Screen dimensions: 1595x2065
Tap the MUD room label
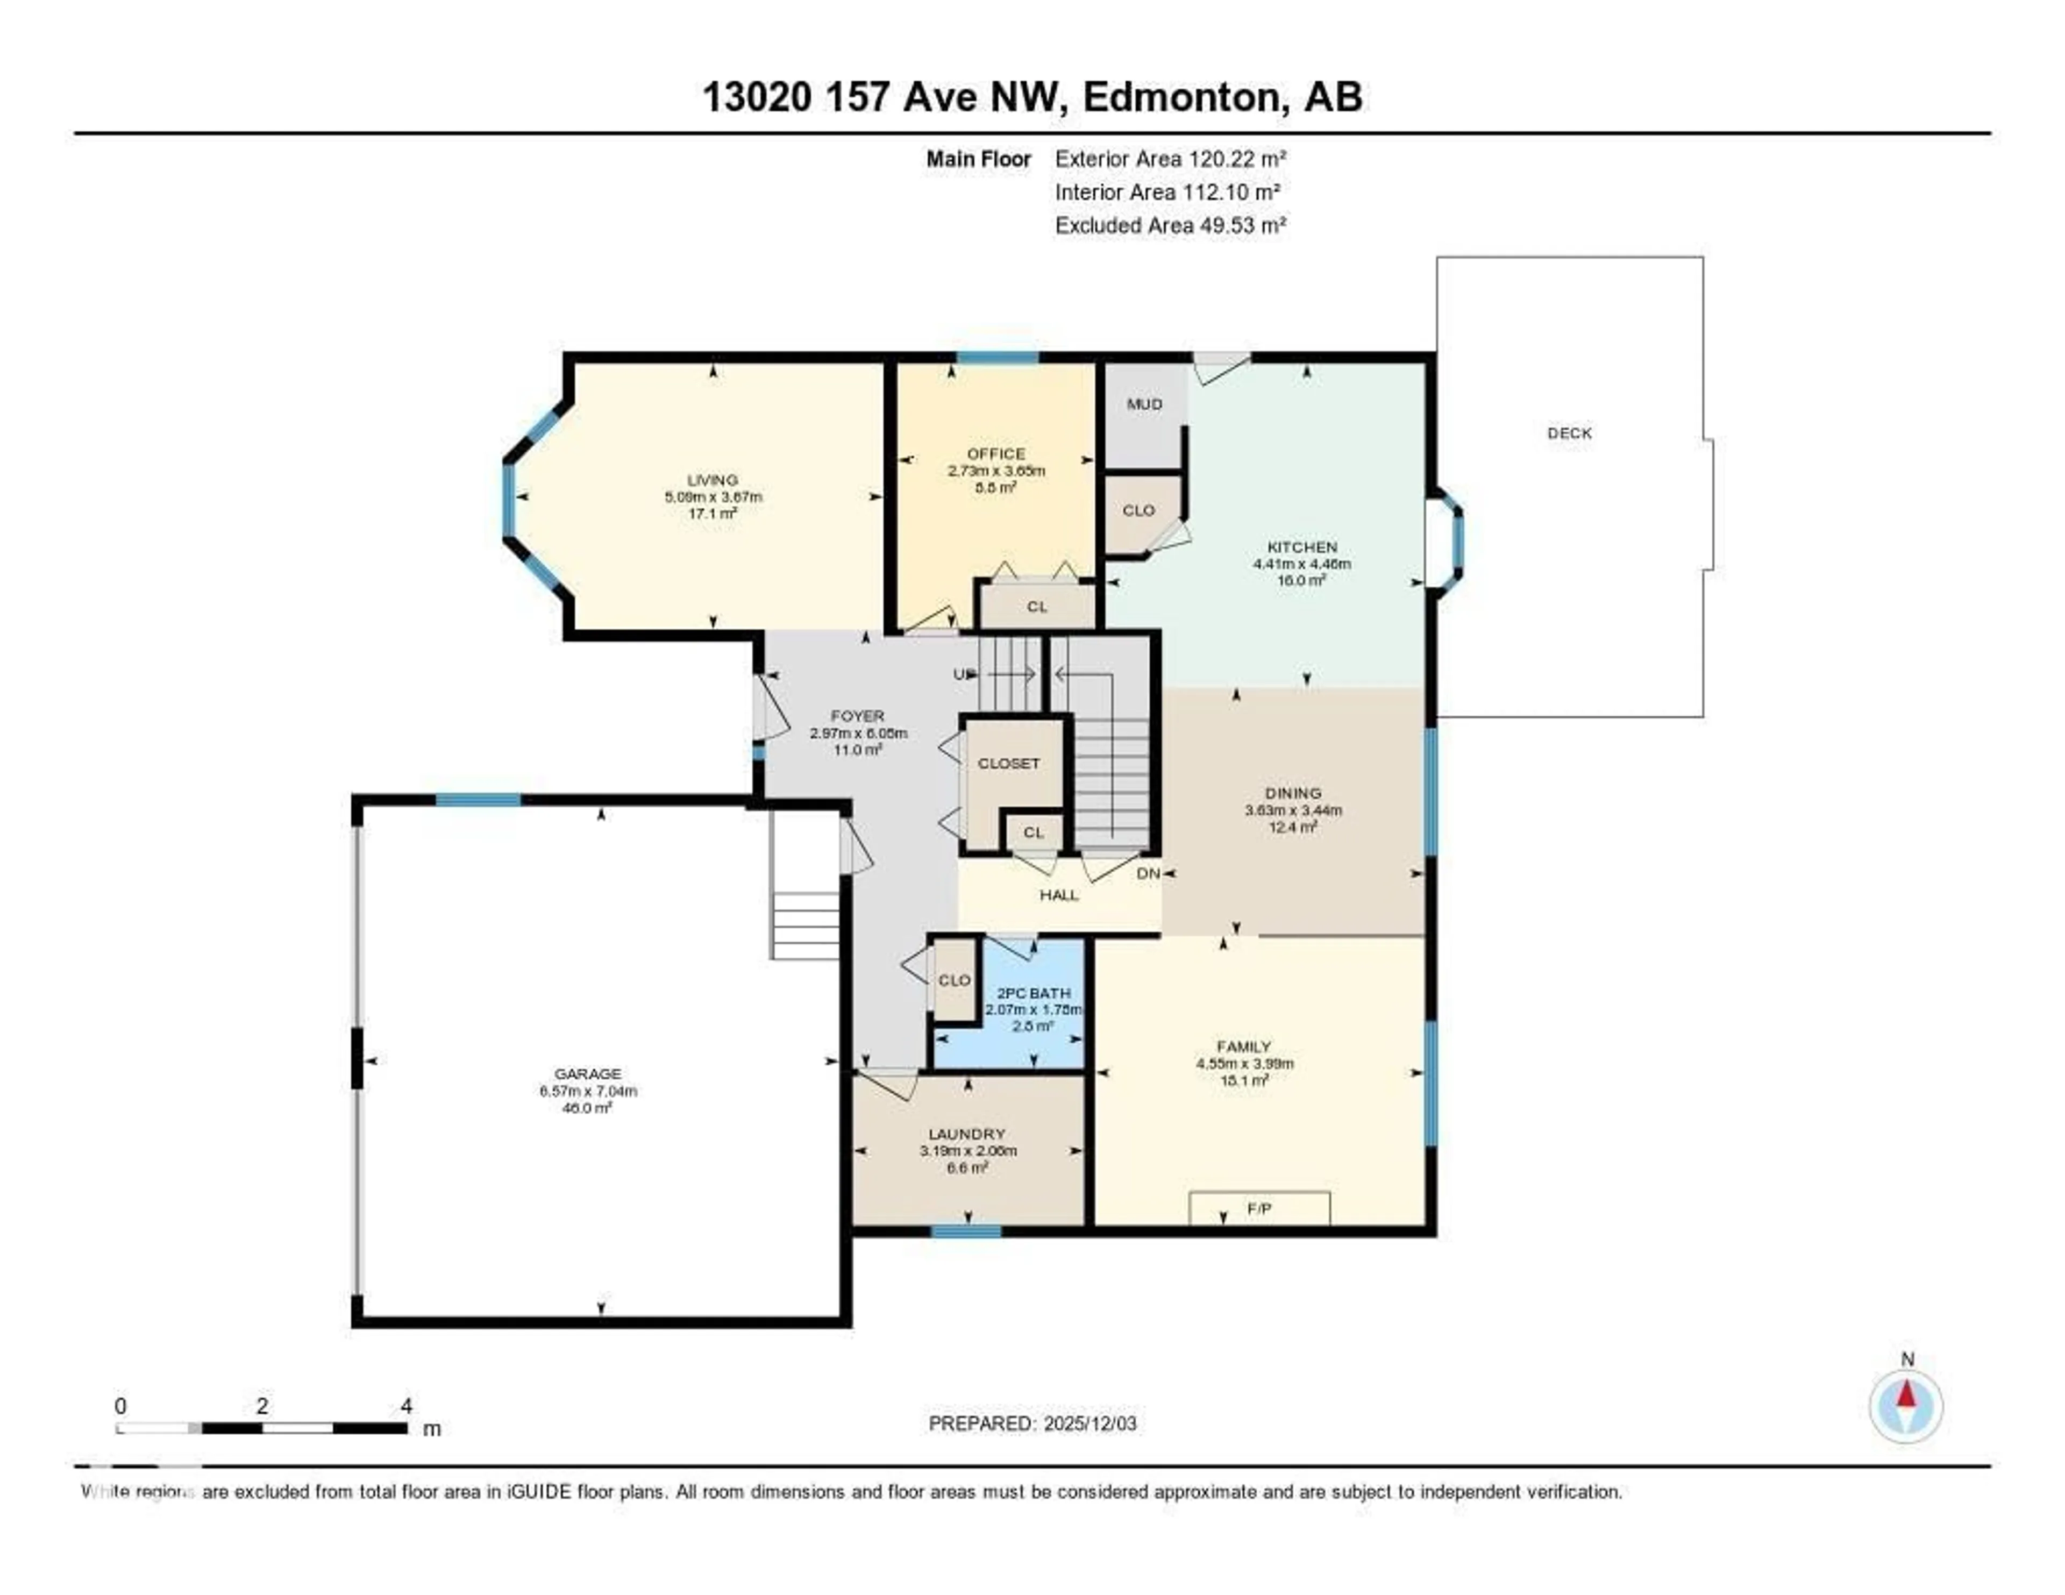[x=1144, y=404]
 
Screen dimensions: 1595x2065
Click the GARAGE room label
[x=587, y=1073]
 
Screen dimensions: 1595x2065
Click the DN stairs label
[x=1148, y=874]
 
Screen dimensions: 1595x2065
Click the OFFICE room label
[x=995, y=454]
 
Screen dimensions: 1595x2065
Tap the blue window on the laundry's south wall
[x=965, y=1231]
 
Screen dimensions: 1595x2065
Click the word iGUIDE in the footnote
[x=538, y=1492]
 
